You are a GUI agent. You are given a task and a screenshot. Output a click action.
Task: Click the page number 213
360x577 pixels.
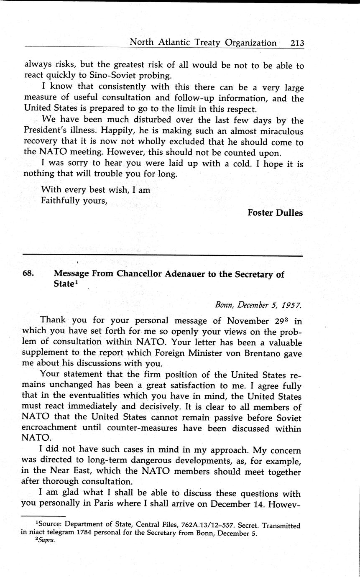click(x=295, y=43)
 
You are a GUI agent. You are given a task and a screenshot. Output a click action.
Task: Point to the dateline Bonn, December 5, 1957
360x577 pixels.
click(x=258, y=305)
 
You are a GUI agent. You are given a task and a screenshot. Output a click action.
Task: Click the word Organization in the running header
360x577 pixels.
click(x=251, y=43)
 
